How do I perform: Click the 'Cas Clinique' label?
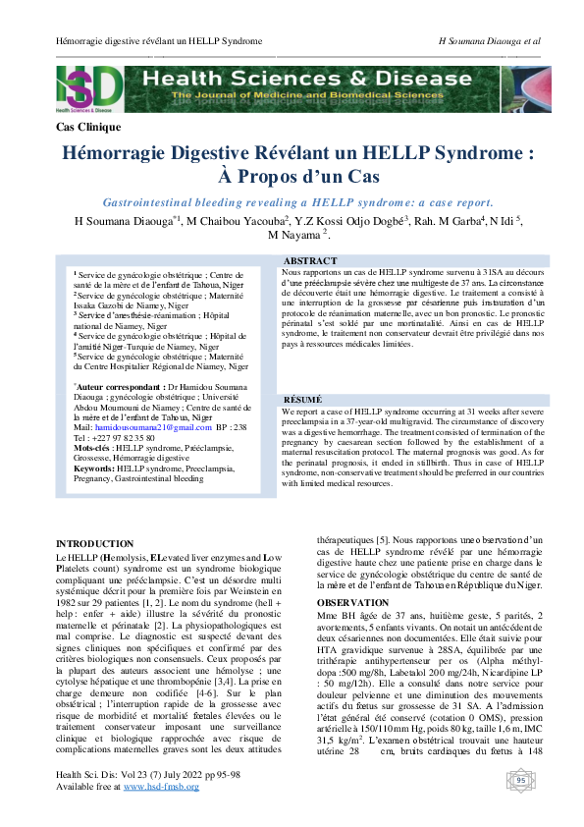pyautogui.click(x=89, y=128)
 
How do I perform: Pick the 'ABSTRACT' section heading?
pyautogui.click(x=310, y=261)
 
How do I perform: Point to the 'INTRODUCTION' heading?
pyautogui.click(x=95, y=544)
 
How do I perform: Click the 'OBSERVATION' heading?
pyautogui.click(x=352, y=603)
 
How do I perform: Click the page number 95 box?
pyautogui.click(x=521, y=781)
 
